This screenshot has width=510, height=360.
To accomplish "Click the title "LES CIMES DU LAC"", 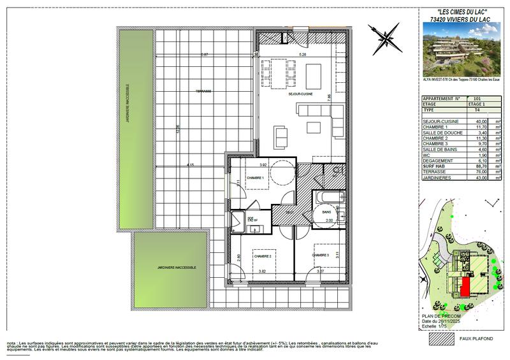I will (x=461, y=12).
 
